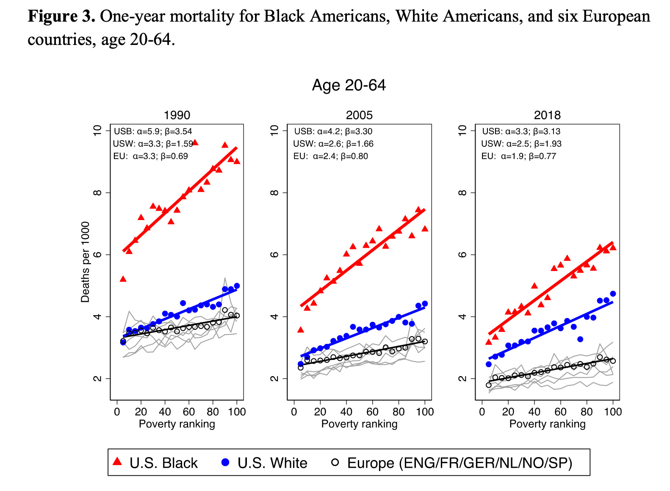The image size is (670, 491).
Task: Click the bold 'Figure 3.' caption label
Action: point(61,17)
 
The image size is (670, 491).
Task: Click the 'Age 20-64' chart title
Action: point(349,85)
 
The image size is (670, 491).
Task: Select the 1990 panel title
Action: point(177,115)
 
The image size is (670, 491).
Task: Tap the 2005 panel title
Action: point(359,115)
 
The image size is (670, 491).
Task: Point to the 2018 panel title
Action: point(547,115)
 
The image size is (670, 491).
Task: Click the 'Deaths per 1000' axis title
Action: point(86,262)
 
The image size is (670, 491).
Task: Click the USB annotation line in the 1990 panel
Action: point(153,131)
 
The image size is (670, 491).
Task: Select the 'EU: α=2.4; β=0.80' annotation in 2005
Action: point(330,156)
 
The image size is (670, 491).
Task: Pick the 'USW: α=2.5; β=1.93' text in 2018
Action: point(521,144)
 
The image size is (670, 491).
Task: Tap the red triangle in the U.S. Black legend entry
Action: point(118,461)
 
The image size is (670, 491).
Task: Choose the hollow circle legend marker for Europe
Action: point(335,462)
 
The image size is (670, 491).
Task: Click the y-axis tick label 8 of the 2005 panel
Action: point(274,192)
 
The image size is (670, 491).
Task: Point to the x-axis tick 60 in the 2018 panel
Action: point(560,412)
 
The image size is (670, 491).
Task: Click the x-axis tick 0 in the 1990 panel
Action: point(117,412)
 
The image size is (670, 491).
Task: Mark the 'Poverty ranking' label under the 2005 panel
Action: point(359,424)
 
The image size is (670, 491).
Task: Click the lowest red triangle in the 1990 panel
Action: point(123,279)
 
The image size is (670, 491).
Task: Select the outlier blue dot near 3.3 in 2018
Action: point(580,339)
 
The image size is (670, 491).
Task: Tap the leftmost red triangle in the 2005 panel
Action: point(301,330)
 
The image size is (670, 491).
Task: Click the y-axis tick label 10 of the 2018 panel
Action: point(462,130)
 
